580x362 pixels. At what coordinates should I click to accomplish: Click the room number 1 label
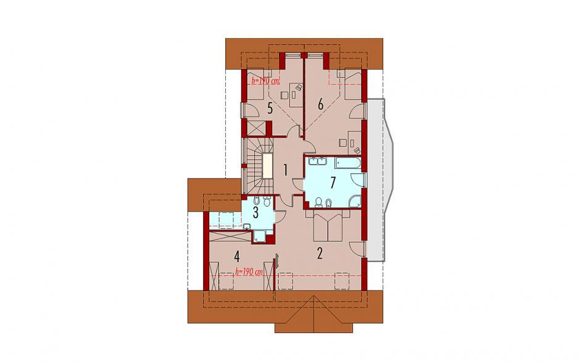pyautogui.click(x=286, y=170)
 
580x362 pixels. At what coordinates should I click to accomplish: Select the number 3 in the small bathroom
pyautogui.click(x=255, y=213)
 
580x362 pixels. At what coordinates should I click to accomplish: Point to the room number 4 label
pyautogui.click(x=237, y=256)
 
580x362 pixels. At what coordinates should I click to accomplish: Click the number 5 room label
pyautogui.click(x=270, y=109)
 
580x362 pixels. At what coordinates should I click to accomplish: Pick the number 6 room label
pyautogui.click(x=320, y=105)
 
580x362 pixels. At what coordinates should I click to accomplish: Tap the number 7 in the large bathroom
pyautogui.click(x=333, y=183)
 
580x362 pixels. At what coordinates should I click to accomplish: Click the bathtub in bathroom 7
pyautogui.click(x=347, y=163)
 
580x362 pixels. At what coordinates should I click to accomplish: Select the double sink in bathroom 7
pyautogui.click(x=317, y=161)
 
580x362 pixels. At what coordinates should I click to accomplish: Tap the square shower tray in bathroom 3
pyautogui.click(x=260, y=236)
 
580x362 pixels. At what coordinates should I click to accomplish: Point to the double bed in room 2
pyautogui.click(x=328, y=226)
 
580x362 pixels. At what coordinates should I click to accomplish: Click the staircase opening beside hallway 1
pyautogui.click(x=267, y=167)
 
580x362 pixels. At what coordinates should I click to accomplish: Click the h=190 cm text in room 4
pyautogui.click(x=249, y=272)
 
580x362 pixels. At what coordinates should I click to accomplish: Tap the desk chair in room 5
pyautogui.click(x=284, y=95)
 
